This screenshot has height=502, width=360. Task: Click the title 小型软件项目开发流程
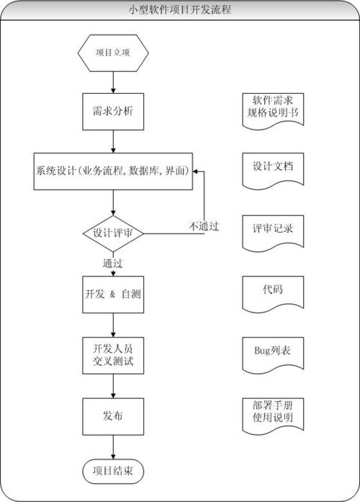tap(180, 10)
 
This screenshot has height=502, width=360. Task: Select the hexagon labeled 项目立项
tap(113, 53)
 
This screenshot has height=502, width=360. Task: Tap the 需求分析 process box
tap(113, 112)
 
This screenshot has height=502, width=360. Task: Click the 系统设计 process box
tap(113, 171)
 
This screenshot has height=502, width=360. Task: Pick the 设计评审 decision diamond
tap(113, 233)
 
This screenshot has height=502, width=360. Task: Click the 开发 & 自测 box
tap(113, 295)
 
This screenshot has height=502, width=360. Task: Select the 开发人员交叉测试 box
tap(113, 354)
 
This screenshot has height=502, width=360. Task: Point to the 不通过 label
tap(204, 225)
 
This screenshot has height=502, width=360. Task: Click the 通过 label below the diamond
tap(113, 262)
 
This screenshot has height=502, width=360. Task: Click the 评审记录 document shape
tap(272, 231)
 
